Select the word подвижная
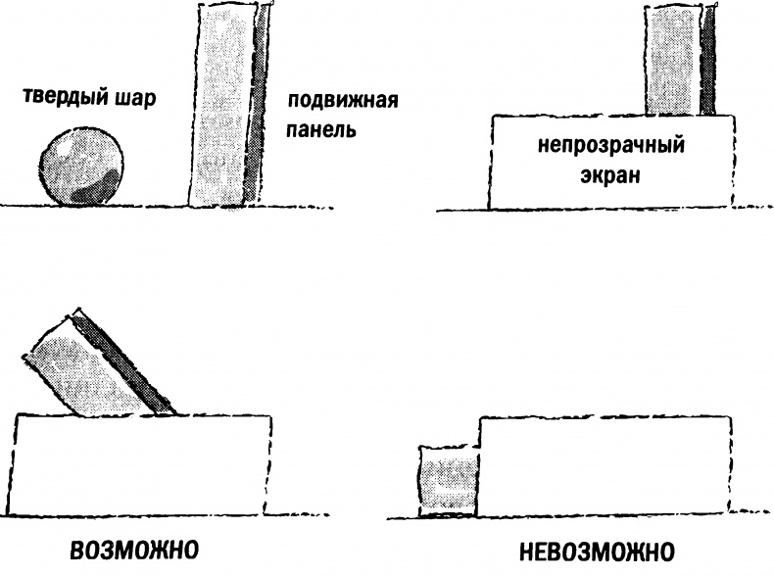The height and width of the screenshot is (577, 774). point(327,102)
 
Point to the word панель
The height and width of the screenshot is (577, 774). point(314,129)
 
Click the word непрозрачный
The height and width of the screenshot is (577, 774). point(609,149)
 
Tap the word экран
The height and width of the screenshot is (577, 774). point(609,176)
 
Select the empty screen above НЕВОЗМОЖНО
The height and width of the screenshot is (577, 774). point(605,464)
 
